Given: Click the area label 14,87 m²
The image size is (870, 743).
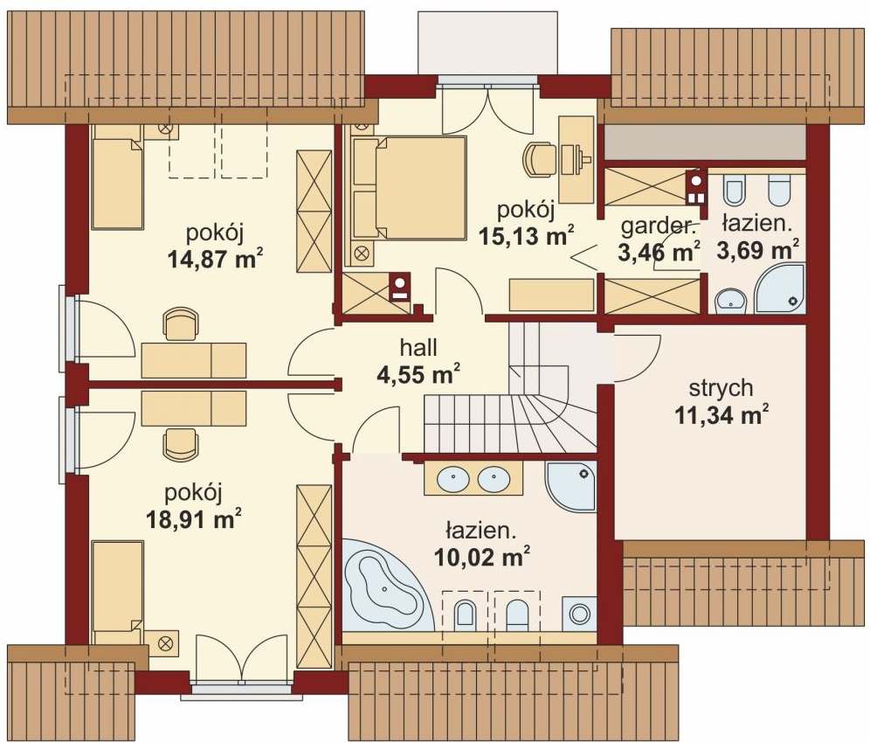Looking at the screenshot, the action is click(215, 260).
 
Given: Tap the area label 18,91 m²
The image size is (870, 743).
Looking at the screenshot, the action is click(194, 519).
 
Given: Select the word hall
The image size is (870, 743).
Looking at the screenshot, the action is click(419, 348).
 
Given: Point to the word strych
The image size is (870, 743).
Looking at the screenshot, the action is click(721, 388).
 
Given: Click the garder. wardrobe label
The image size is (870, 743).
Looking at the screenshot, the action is click(658, 226).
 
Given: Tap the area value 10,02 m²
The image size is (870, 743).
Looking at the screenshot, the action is click(481, 557).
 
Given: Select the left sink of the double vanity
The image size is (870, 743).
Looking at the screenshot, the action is click(453, 479).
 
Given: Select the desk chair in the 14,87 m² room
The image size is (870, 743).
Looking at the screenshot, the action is click(181, 323).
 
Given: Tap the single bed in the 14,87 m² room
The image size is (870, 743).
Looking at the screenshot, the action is click(118, 177).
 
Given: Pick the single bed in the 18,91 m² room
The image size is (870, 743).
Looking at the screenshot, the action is click(118, 592).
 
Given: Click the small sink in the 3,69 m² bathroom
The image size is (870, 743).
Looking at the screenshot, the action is click(732, 301).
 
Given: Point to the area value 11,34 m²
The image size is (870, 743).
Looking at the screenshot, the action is click(722, 415).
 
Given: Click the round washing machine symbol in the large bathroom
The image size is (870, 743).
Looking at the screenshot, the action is click(580, 614).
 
